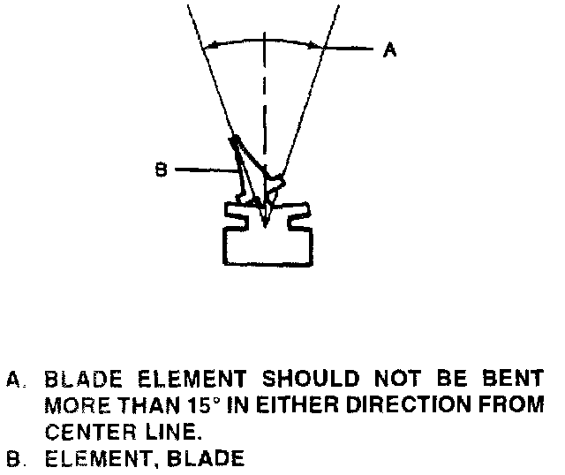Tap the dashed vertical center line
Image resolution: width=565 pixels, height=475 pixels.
[266, 97]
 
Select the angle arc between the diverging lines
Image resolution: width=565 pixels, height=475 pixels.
[265, 39]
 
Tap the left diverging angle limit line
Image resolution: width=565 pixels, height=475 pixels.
[211, 71]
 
